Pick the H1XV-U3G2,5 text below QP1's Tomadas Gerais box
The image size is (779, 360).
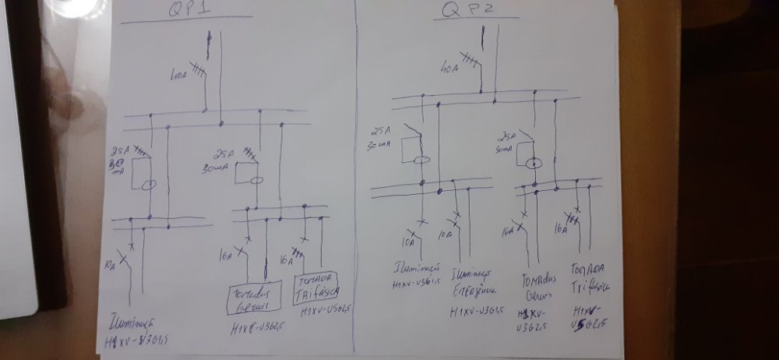(x=252, y=326)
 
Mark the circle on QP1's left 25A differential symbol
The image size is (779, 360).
(x=149, y=185)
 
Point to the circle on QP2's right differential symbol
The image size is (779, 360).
(x=534, y=164)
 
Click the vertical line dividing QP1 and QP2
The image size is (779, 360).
(x=355, y=179)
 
